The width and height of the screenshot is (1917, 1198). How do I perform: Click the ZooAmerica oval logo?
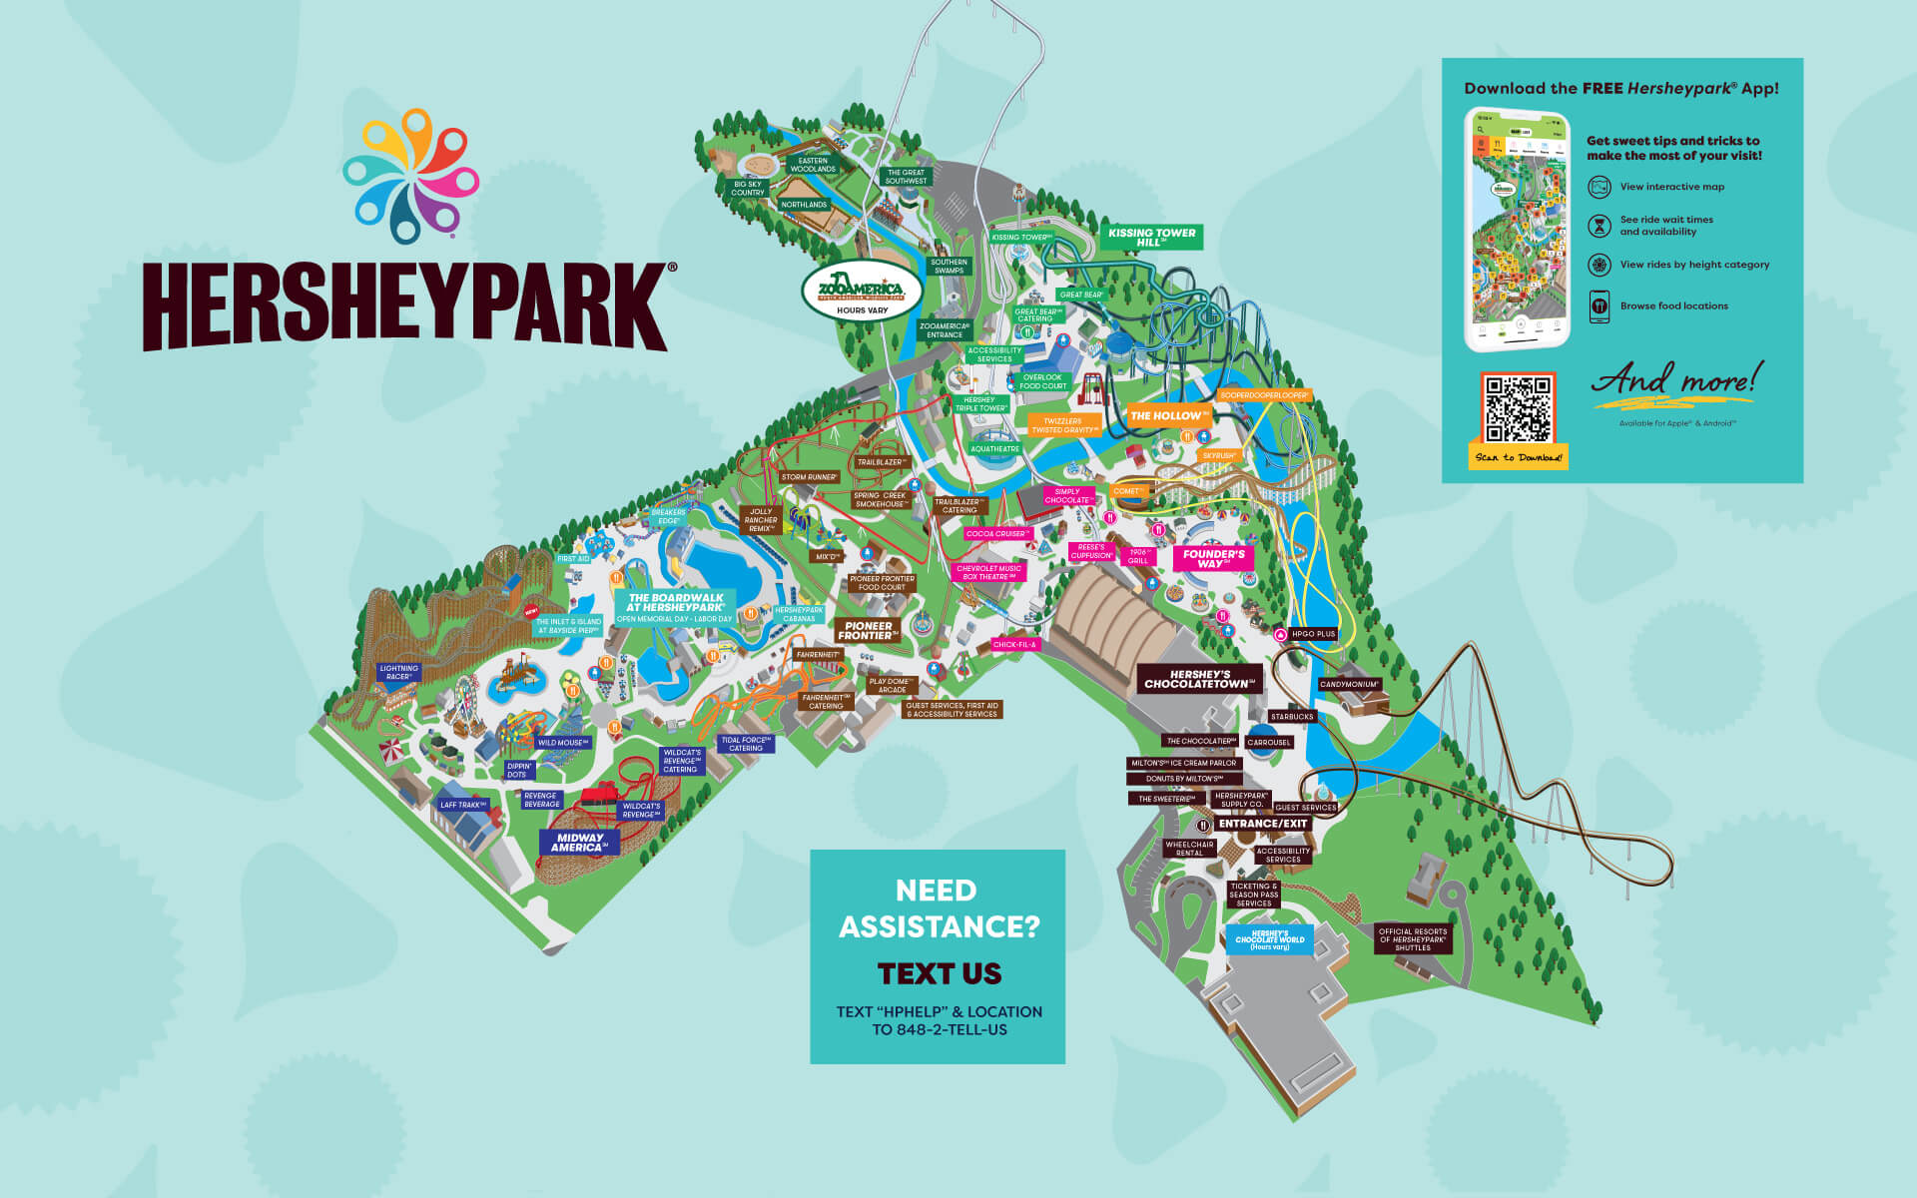[862, 291]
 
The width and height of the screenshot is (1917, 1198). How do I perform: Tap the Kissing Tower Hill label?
[1151, 237]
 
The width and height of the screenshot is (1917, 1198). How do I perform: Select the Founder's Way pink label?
[1213, 558]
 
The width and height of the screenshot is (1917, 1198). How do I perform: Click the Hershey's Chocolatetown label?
[1198, 679]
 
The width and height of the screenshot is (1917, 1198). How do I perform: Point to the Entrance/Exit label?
[1262, 824]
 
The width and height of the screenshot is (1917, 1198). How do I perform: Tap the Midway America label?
[579, 843]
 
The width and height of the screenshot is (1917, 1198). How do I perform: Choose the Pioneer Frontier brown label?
[868, 630]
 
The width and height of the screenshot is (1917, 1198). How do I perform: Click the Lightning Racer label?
[398, 672]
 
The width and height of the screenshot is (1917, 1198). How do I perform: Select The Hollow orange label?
[1169, 415]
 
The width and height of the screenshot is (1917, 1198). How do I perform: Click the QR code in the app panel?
[1518, 408]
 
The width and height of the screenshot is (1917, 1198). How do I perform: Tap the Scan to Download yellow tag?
[1518, 457]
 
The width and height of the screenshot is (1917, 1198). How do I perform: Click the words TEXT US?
[939, 973]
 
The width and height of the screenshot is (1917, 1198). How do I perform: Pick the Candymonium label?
[1349, 685]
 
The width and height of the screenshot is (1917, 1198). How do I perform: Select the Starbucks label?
[1292, 717]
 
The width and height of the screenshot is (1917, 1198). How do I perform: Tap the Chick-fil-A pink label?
[1014, 645]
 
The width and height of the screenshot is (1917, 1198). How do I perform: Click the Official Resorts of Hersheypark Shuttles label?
[1412, 939]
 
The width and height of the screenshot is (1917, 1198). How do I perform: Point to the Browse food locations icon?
[1599, 305]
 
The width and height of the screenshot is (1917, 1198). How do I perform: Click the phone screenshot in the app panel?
[1516, 230]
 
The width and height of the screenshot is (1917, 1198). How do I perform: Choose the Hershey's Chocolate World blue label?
[1269, 939]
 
